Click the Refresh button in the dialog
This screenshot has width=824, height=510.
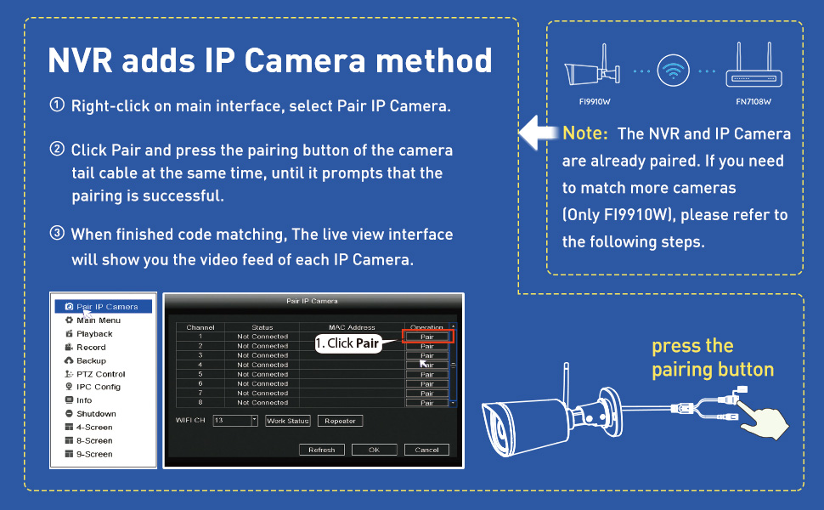tap(321, 450)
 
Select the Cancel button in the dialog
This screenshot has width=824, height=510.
tap(426, 450)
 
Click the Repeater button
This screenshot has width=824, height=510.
tap(339, 421)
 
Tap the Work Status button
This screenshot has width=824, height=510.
tap(287, 421)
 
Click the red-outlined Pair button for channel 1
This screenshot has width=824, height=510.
tap(427, 337)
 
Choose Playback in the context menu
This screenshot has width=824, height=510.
tap(94, 334)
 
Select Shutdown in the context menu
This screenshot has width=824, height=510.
tap(95, 414)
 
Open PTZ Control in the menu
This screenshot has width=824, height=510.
tap(99, 374)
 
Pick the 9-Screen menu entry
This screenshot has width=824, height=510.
tap(93, 454)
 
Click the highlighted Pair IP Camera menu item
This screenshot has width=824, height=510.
tap(106, 307)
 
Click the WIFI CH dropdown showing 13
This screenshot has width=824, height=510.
tap(235, 421)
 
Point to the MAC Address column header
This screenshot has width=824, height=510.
tap(351, 327)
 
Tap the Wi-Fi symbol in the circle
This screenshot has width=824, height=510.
tap(674, 72)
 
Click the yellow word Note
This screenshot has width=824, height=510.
tap(585, 134)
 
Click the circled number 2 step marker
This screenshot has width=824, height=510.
tap(57, 150)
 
